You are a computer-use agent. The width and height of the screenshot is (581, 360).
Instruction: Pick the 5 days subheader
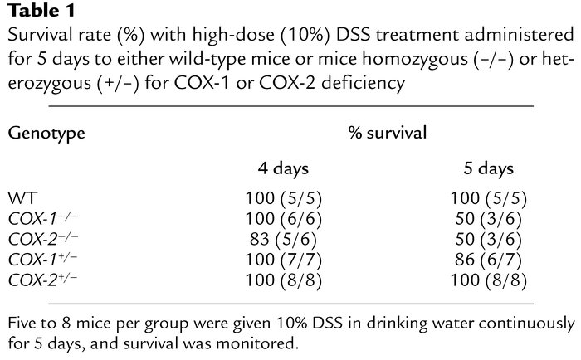[x=488, y=169]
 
